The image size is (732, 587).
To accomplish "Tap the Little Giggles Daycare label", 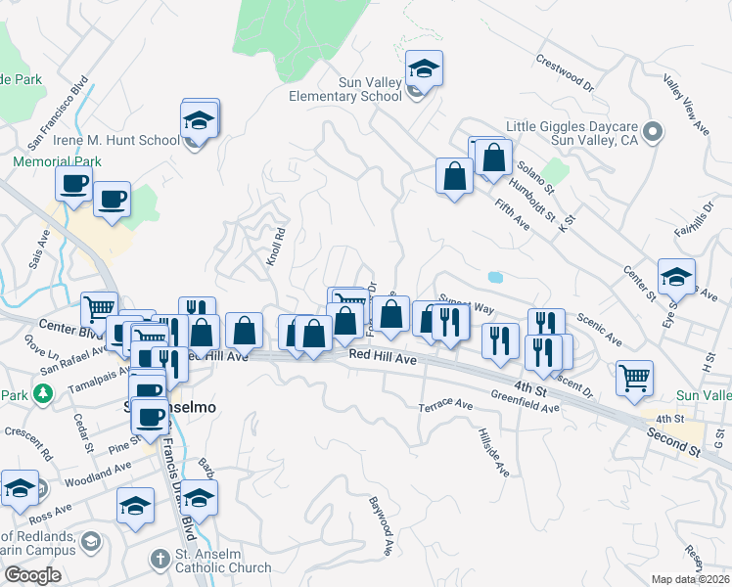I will point(580,134).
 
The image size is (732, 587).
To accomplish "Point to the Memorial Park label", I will point(57,161).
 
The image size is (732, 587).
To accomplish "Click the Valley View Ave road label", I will point(687,104).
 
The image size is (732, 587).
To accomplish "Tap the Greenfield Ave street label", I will point(526,401).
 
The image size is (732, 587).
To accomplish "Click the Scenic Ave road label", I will point(600,329).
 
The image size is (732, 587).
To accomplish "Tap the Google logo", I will point(32,575).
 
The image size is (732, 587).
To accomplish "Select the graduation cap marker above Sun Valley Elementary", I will point(424,68).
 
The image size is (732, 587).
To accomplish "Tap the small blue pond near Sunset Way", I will point(495,277).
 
